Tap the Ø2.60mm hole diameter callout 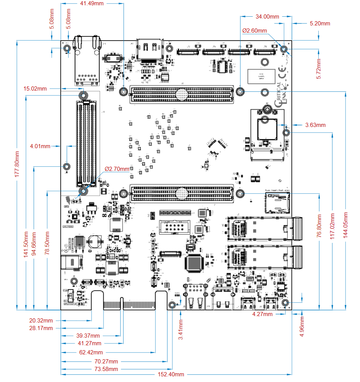[x=254, y=31]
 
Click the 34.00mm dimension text [x=267, y=17]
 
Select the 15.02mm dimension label [x=35, y=89]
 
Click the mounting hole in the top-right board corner [x=284, y=49]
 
